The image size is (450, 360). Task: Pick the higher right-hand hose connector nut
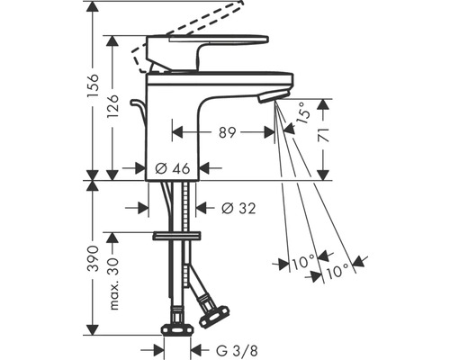pos(213,315)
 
